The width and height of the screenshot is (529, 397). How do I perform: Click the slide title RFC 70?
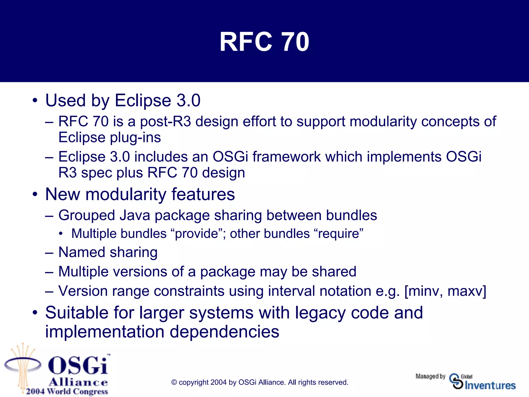pos(264,42)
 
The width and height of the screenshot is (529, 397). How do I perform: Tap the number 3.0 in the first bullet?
pos(188,100)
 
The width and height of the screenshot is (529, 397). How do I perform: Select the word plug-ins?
pos(135,138)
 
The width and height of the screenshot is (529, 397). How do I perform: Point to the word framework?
pos(286,157)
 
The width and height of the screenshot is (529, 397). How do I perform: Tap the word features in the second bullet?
pos(203,194)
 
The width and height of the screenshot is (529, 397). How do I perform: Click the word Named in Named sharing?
pos(82,252)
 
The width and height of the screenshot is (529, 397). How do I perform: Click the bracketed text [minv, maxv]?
pos(445,291)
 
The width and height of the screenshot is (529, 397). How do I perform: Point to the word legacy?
pos(320,313)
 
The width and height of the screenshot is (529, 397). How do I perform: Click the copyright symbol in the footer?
pos(174,383)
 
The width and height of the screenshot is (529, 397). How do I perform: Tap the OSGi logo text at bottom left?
pos(77,365)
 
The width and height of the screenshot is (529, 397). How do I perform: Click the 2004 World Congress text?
pos(67,391)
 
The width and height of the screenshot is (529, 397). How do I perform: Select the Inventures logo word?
pos(490,386)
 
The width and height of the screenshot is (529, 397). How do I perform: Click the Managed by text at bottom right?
pos(430,376)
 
